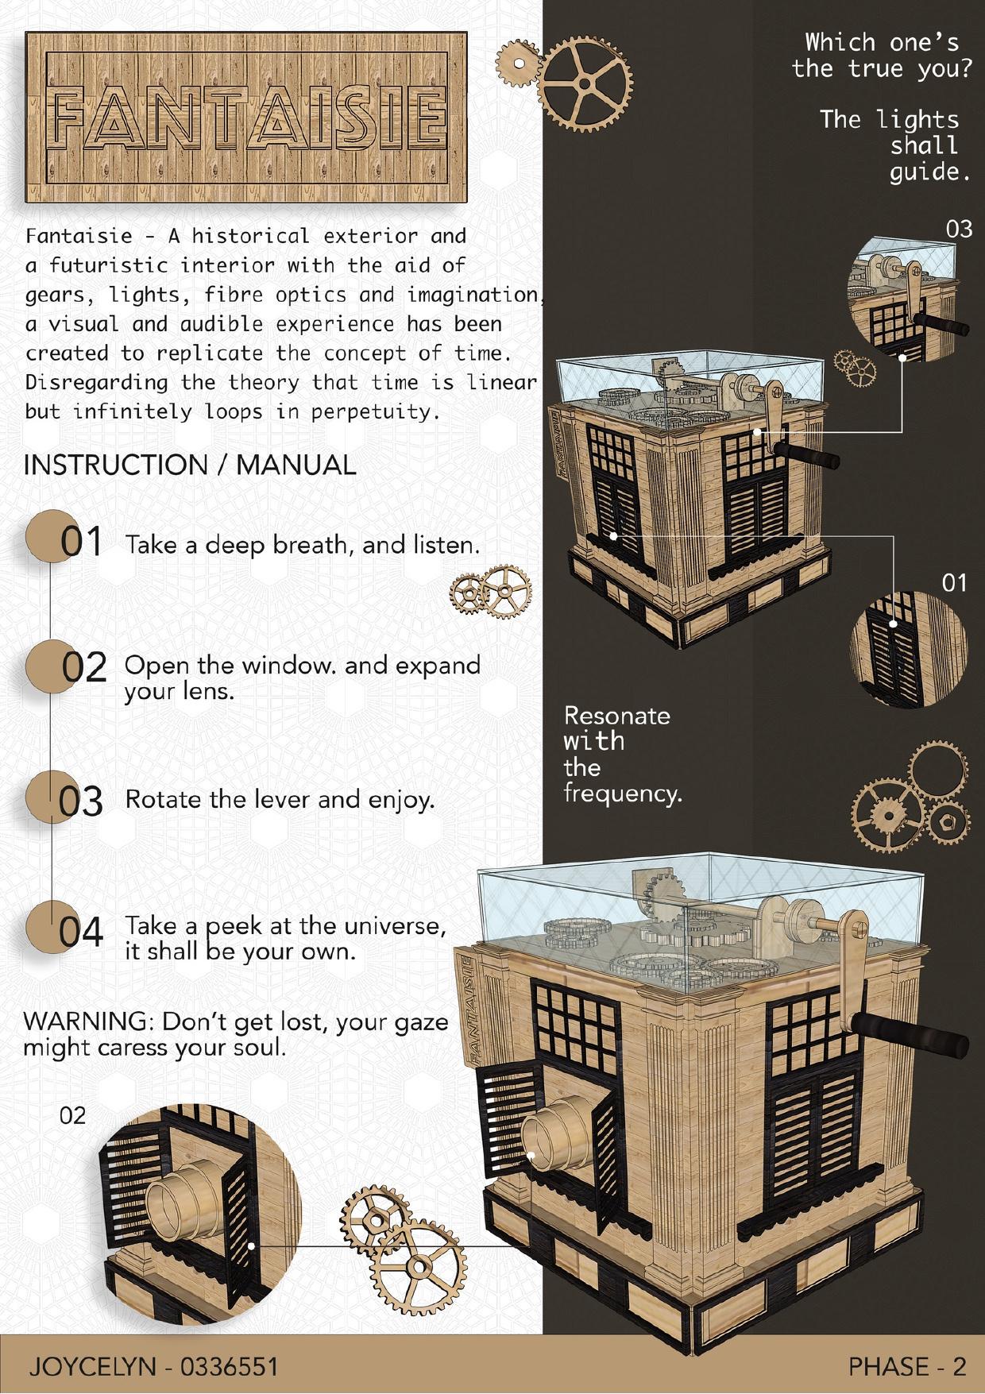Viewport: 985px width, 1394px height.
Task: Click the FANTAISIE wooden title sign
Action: pyautogui.click(x=245, y=117)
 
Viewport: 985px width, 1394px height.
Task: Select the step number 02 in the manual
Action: pyautogui.click(x=84, y=668)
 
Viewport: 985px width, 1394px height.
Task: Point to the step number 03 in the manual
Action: pyautogui.click(x=82, y=801)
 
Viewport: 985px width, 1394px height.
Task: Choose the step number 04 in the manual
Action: pyautogui.click(x=82, y=931)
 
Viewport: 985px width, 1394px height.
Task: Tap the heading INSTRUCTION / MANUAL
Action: pyautogui.click(x=190, y=465)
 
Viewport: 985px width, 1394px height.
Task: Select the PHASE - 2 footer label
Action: pyautogui.click(x=907, y=1366)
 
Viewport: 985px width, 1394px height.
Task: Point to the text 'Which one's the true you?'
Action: pyautogui.click(x=882, y=55)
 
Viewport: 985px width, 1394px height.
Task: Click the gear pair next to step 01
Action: pyautogui.click(x=491, y=592)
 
